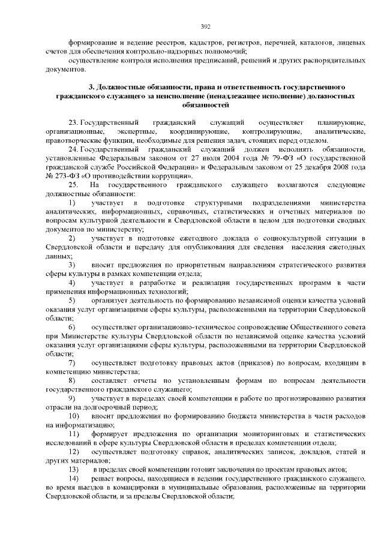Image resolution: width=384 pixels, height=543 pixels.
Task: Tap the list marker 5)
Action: tap(72, 299)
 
